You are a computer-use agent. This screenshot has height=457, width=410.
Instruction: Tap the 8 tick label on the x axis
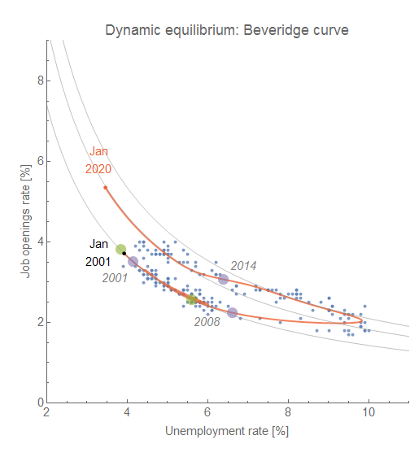pyautogui.click(x=288, y=412)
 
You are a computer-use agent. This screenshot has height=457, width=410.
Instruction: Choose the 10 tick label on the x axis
pyautogui.click(x=369, y=412)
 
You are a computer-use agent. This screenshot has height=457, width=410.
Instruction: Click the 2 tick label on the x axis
pyautogui.click(x=46, y=412)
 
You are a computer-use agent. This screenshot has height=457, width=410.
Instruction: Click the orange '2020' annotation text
pyautogui.click(x=98, y=169)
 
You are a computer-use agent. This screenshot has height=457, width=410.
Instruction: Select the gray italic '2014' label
pyautogui.click(x=243, y=265)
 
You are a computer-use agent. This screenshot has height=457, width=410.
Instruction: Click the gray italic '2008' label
pyautogui.click(x=207, y=321)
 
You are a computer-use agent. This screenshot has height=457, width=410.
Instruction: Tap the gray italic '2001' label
pyautogui.click(x=115, y=278)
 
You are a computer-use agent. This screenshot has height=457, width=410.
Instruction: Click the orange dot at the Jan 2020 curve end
pyautogui.click(x=106, y=188)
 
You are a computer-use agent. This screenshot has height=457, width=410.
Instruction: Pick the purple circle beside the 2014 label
pyautogui.click(x=223, y=279)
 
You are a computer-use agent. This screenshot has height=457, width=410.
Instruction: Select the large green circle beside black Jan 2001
pyautogui.click(x=120, y=250)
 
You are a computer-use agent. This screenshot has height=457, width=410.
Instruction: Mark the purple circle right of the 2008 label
pyautogui.click(x=233, y=313)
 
